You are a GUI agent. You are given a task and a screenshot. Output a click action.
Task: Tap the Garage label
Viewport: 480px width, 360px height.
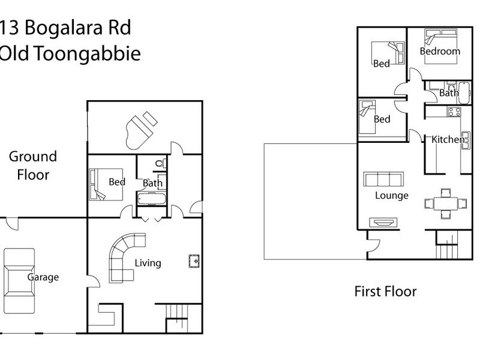[43, 277]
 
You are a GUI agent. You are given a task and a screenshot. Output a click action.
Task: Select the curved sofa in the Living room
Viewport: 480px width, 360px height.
[123, 258]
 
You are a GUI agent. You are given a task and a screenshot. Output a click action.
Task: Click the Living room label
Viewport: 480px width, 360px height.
[148, 263]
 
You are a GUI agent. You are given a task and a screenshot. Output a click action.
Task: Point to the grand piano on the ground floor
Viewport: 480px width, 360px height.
[141, 128]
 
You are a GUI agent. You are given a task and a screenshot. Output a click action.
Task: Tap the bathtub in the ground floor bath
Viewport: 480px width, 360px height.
[151, 199]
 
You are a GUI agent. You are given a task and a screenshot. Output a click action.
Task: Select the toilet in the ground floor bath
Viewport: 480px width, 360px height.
[159, 162]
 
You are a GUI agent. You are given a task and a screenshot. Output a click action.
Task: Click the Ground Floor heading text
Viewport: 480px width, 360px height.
[32, 166]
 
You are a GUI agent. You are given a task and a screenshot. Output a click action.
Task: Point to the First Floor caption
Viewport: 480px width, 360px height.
[385, 292]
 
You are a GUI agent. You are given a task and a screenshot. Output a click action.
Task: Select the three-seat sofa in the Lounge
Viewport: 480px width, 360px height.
[383, 179]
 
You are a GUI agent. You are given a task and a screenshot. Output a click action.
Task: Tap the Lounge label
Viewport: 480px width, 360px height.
[392, 196]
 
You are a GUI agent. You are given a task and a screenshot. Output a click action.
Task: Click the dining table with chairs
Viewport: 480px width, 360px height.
[445, 203]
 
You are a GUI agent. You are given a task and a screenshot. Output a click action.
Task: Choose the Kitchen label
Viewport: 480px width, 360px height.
[448, 140]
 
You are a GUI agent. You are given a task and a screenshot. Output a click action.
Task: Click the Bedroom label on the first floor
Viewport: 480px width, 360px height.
[440, 52]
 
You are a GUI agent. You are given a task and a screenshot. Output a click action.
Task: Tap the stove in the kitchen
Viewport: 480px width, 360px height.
[454, 111]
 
